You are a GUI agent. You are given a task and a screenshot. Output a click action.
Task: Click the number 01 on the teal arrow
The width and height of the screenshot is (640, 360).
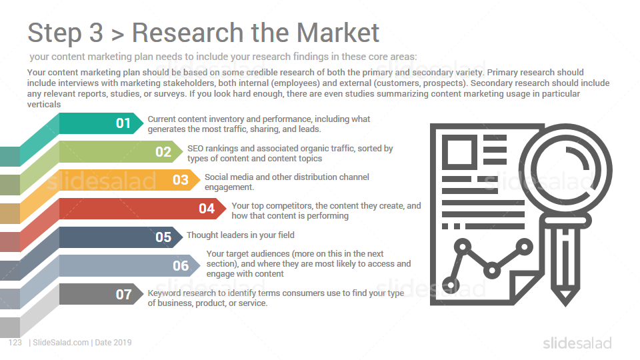[x=123, y=123]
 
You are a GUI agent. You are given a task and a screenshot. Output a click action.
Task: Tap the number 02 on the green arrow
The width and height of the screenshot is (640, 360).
[x=163, y=152]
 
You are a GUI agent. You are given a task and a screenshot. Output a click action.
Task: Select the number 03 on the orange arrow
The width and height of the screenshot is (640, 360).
[x=181, y=180]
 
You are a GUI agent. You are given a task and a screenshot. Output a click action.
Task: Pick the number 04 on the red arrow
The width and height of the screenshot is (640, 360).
[x=207, y=209]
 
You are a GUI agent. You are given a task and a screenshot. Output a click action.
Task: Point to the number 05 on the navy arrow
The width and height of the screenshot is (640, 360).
[x=163, y=237]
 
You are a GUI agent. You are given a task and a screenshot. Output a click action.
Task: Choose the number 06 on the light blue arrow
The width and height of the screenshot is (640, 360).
[x=181, y=266]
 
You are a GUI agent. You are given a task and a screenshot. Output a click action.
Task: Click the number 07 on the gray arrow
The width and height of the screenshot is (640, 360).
[x=123, y=294]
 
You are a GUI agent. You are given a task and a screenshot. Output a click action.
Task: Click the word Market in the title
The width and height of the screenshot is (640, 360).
[x=338, y=32]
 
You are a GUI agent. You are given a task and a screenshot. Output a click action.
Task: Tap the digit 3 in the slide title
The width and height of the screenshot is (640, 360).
[x=96, y=33]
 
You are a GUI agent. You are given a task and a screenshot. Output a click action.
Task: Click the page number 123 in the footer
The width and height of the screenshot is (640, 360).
[x=15, y=343]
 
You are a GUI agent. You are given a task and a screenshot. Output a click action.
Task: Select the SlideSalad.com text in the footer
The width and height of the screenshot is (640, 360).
[x=61, y=343]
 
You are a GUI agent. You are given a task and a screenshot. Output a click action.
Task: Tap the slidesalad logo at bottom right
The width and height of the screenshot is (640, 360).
[x=577, y=343]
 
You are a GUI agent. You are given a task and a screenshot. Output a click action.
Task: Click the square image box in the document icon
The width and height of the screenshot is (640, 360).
[x=459, y=152]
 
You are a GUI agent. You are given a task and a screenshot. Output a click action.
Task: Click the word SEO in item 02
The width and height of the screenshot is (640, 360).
[x=195, y=149]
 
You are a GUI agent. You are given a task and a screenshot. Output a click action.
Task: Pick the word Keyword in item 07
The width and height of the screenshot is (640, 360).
[x=161, y=293]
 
